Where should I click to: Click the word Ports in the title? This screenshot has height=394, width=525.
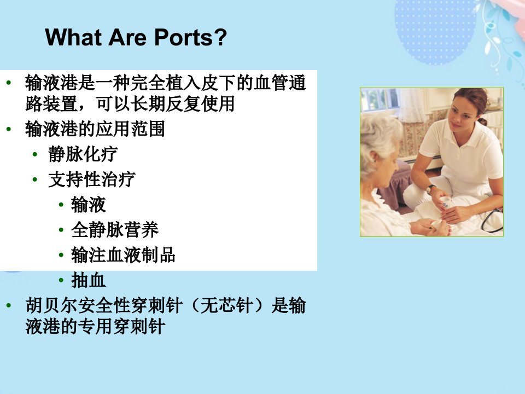183,37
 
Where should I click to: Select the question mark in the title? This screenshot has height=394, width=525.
220,37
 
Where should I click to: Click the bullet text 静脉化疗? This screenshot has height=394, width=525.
83,154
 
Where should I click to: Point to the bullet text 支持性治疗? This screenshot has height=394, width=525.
92,179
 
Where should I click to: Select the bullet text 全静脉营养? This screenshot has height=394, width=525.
115,229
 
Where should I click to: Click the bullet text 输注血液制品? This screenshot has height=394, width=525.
123,254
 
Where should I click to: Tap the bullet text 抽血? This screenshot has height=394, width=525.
89,280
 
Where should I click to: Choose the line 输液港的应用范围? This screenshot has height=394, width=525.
95,129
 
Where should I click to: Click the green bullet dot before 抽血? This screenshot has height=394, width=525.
61,280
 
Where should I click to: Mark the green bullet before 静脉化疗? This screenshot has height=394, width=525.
35,154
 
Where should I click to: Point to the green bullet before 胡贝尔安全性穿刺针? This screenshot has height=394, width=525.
9,305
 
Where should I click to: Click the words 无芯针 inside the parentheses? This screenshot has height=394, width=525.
226,305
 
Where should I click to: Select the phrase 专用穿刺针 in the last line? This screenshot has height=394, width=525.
121,326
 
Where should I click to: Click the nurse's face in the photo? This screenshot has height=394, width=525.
462,115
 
